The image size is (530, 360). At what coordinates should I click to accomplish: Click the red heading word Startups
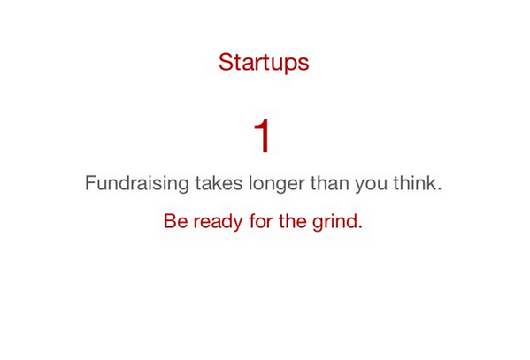[264, 64]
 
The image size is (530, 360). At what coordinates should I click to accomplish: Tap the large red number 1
[263, 136]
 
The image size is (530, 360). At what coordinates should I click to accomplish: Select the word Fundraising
[137, 185]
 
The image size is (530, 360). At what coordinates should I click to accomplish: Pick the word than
[330, 185]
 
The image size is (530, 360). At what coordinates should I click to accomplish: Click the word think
[415, 185]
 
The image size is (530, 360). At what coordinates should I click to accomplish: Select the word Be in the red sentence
[175, 221]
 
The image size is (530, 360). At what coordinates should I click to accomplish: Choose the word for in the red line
[261, 221]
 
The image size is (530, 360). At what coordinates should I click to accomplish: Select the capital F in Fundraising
[90, 184]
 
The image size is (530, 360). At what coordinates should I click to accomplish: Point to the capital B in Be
[170, 221]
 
